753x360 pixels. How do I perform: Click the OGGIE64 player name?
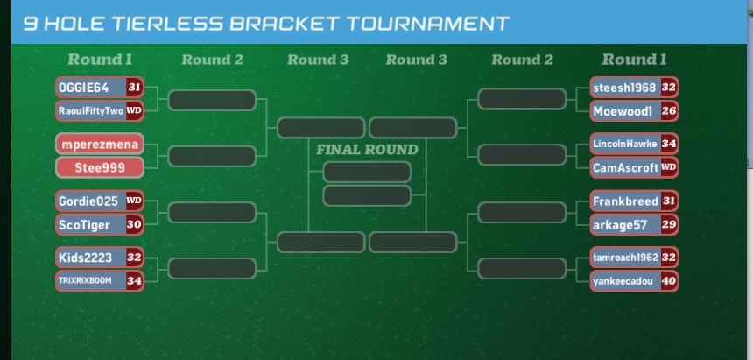click(x=84, y=88)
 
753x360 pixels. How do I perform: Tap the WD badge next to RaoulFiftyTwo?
click(x=134, y=111)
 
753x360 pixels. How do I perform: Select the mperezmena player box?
click(x=99, y=144)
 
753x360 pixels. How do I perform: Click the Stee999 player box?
click(x=99, y=167)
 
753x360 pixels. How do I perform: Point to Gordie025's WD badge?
click(x=134, y=201)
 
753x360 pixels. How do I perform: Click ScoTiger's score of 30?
click(x=134, y=224)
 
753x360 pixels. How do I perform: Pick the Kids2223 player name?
click(x=84, y=258)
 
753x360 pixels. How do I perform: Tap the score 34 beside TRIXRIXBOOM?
click(x=134, y=280)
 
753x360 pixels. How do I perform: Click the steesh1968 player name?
click(x=624, y=88)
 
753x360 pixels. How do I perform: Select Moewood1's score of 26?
click(x=669, y=111)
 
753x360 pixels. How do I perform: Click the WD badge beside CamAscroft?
click(x=669, y=166)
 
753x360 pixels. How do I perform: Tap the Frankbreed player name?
click(x=624, y=201)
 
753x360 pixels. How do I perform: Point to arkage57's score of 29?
click(x=669, y=224)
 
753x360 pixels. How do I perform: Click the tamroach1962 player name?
click(x=624, y=258)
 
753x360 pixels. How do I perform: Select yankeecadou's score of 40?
click(x=669, y=281)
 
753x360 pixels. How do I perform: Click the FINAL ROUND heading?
click(x=367, y=150)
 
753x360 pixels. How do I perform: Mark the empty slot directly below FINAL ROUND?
click(x=367, y=172)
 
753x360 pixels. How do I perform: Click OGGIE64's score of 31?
click(x=134, y=88)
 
